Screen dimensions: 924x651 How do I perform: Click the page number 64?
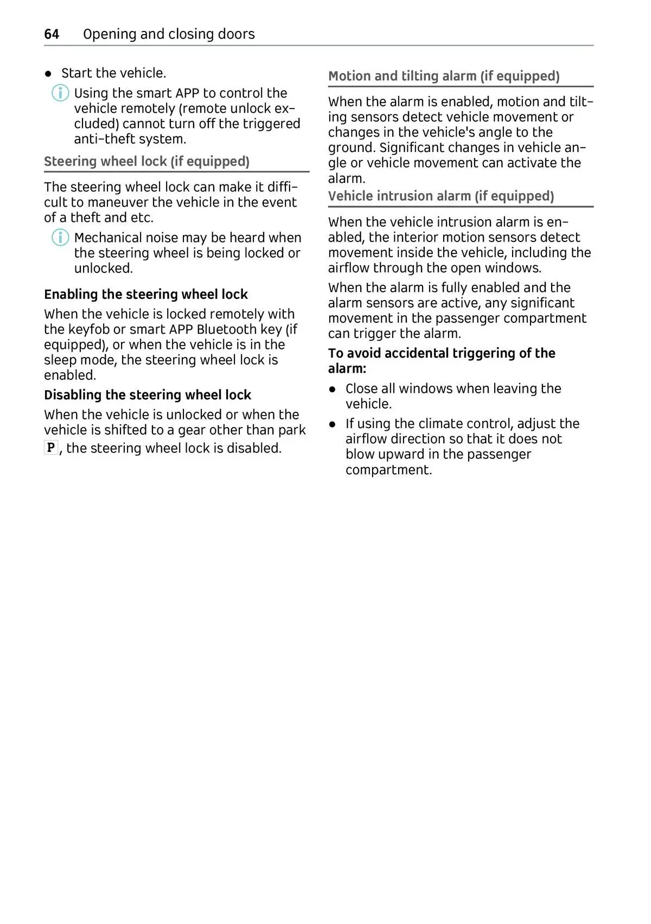pyautogui.click(x=52, y=34)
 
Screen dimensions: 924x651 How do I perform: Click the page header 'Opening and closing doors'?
pyautogui.click(x=169, y=34)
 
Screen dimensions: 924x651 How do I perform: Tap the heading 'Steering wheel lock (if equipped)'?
pyautogui.click(x=146, y=162)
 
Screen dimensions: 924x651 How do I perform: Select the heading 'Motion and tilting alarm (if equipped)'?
pyautogui.click(x=444, y=76)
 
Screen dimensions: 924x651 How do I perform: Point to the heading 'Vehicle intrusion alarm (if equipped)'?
pyautogui.click(x=441, y=196)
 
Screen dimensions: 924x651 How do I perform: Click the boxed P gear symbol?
pyautogui.click(x=50, y=448)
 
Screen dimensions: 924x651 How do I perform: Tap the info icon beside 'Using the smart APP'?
pyautogui.click(x=60, y=93)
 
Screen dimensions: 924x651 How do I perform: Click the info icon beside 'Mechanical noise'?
pyautogui.click(x=60, y=238)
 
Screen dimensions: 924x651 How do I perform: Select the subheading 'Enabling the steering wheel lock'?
pyautogui.click(x=146, y=294)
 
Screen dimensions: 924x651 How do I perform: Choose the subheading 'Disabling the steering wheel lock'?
pyautogui.click(x=148, y=395)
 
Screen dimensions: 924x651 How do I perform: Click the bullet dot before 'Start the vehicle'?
pyautogui.click(x=48, y=74)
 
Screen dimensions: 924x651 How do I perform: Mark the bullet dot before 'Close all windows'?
pyautogui.click(x=333, y=389)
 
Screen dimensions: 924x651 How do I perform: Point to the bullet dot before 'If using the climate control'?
pyautogui.click(x=333, y=424)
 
